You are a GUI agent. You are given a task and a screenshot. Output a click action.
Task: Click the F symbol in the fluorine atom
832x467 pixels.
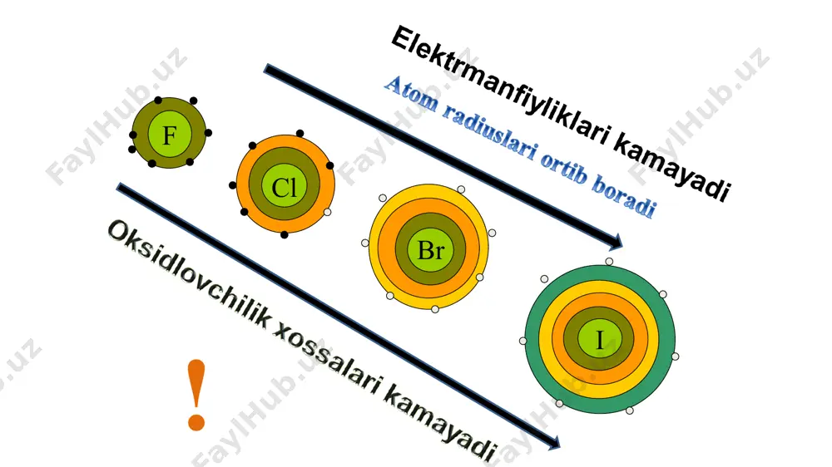pyautogui.click(x=169, y=135)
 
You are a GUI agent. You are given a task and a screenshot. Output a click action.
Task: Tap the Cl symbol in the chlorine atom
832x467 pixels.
pyautogui.click(x=284, y=188)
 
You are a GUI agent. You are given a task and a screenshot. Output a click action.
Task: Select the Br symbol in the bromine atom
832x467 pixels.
pyautogui.click(x=430, y=251)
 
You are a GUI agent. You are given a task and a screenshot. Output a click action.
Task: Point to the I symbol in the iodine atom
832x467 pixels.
pyautogui.click(x=600, y=340)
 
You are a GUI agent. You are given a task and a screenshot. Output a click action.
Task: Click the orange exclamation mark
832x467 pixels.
pyautogui.click(x=196, y=395)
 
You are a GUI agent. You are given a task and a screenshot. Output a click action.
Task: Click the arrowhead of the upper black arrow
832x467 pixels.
pyautogui.click(x=616, y=242)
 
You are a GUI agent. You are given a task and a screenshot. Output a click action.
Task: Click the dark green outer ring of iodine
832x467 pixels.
pyautogui.click(x=532, y=339)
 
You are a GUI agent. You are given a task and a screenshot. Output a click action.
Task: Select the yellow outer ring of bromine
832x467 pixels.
pyautogui.click(x=374, y=248)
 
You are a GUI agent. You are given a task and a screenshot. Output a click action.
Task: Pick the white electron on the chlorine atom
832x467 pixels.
pyautogui.click(x=327, y=212)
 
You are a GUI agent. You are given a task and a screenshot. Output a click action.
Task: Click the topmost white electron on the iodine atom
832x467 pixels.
pyautogui.click(x=609, y=261)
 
